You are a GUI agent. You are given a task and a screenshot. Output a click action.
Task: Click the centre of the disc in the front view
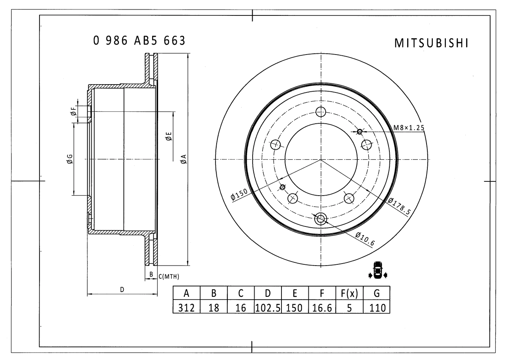pyautogui.click(x=321, y=159)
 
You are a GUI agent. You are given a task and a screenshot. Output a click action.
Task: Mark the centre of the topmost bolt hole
pyautogui.click(x=321, y=111)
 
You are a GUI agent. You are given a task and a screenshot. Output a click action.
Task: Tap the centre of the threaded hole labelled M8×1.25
pyautogui.click(x=360, y=132)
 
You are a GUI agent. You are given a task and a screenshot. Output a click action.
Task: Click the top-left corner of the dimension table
pyautogui.click(x=173, y=286)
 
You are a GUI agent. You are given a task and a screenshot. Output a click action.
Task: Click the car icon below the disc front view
pyautogui.click(x=378, y=270)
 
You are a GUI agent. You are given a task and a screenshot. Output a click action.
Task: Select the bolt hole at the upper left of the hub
pyautogui.click(x=276, y=145)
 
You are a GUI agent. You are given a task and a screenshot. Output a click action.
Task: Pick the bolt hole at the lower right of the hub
pyautogui.click(x=349, y=198)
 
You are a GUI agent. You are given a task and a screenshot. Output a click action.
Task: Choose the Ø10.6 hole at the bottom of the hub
pyautogui.click(x=321, y=219)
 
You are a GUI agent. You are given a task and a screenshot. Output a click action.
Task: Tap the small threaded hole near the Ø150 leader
pyautogui.click(x=282, y=187)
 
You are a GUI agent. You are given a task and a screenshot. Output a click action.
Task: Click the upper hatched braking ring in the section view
pyautogui.click(x=151, y=69)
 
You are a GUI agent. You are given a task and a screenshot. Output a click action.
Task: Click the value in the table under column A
pyautogui.click(x=186, y=308)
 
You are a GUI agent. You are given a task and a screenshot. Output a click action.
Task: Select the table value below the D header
pyautogui.click(x=268, y=308)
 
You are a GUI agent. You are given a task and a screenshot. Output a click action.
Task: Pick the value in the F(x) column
pyautogui.click(x=349, y=308)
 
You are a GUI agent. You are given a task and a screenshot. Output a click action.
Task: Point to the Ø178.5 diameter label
pyautogui.click(x=399, y=206)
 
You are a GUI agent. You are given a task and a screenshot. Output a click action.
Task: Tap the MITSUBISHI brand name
pyautogui.click(x=431, y=43)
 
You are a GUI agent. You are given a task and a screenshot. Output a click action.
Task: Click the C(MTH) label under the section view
pyautogui.click(x=169, y=277)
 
